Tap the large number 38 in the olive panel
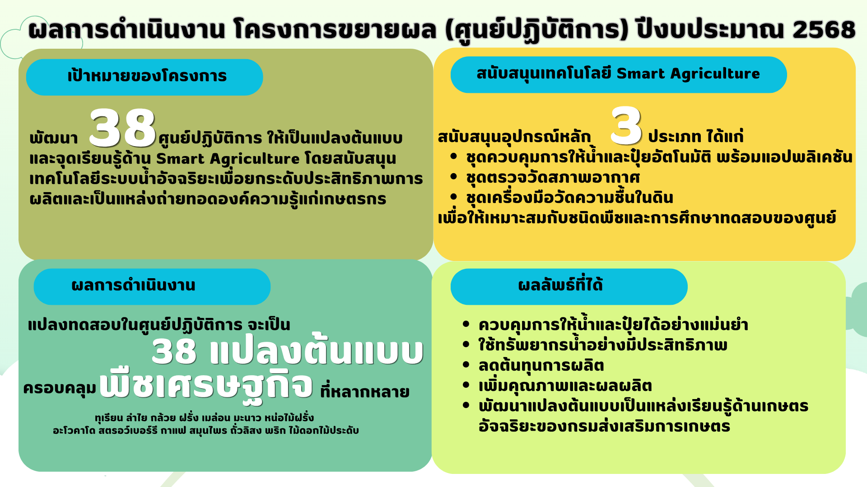[122, 128]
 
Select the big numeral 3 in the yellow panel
[626, 126]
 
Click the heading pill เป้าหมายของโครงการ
[144, 77]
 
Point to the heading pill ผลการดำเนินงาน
[152, 287]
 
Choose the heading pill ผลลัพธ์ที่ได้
[569, 287]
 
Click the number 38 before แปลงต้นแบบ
[174, 352]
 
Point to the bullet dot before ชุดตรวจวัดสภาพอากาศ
[454, 176]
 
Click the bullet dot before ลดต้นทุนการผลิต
[466, 364]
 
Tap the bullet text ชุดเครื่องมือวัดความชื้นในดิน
[570, 198]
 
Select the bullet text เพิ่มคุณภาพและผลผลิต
[565, 386]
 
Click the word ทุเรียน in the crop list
[109, 418]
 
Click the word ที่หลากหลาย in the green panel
[365, 391]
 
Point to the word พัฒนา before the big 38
[54, 138]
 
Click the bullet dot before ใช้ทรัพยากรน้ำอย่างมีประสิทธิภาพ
[466, 344]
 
